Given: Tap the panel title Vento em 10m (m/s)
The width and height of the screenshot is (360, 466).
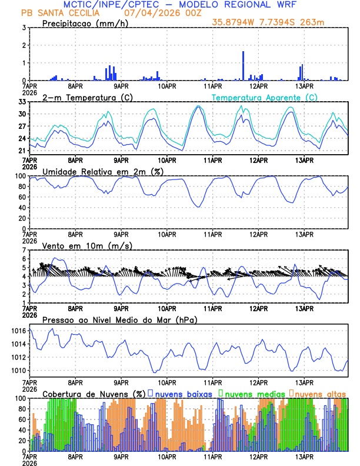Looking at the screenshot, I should pyautogui.click(x=87, y=245).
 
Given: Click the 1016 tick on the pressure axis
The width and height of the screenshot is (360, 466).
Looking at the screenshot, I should pyautogui.click(x=19, y=331).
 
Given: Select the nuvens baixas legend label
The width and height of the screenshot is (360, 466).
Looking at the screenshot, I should pyautogui.click(x=183, y=393).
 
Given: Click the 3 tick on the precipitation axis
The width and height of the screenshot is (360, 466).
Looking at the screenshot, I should pyautogui.click(x=24, y=28).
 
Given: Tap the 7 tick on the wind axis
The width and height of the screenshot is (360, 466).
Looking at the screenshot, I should pyautogui.click(x=24, y=250).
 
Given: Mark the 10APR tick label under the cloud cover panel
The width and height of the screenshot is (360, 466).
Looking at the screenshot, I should pyautogui.click(x=166, y=456).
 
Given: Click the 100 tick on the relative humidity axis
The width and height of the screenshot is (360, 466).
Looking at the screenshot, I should pyautogui.click(x=20, y=176).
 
